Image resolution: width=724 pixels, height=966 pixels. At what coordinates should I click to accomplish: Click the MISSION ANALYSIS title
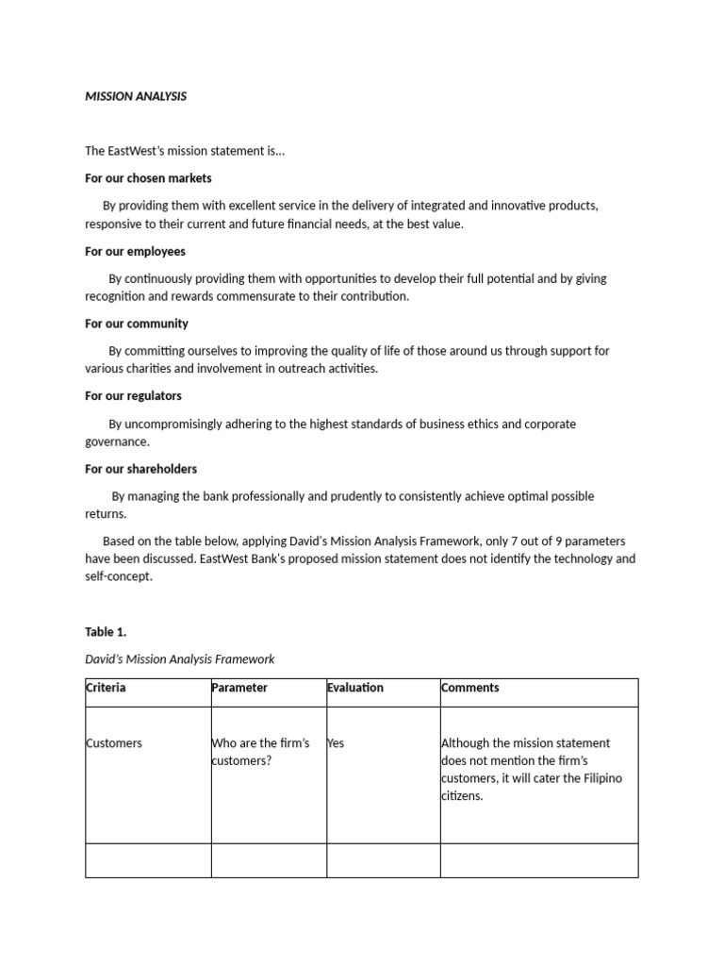pyautogui.click(x=136, y=96)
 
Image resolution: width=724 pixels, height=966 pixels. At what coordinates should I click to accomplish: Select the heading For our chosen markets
pyautogui.click(x=148, y=178)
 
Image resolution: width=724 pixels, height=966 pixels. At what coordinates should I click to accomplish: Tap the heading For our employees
pyautogui.click(x=135, y=252)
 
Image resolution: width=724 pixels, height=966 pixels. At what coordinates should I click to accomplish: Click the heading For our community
pyautogui.click(x=137, y=324)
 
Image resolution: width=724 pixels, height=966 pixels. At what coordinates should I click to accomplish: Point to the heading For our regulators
pyautogui.click(x=133, y=396)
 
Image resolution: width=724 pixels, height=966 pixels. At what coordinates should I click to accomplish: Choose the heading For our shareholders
pyautogui.click(x=141, y=469)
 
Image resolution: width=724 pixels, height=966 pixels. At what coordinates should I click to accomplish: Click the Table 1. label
pyautogui.click(x=106, y=632)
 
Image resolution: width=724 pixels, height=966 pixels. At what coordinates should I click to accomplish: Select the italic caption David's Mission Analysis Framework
pyautogui.click(x=180, y=659)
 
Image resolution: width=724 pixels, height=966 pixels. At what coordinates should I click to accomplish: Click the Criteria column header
pyautogui.click(x=106, y=688)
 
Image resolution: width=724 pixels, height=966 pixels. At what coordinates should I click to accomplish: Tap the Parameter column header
pyautogui.click(x=239, y=688)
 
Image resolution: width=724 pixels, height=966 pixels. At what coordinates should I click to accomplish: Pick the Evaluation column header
pyautogui.click(x=355, y=688)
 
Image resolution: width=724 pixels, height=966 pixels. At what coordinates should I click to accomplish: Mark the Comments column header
pyautogui.click(x=469, y=688)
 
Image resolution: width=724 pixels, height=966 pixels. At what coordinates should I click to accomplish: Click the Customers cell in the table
pyautogui.click(x=114, y=743)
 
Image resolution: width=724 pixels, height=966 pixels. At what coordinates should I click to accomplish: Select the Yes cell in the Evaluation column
pyautogui.click(x=336, y=743)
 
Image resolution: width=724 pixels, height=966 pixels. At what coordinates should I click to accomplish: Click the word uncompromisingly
pyautogui.click(x=173, y=425)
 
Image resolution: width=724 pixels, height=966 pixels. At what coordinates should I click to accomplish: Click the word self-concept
pyautogui.click(x=119, y=577)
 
